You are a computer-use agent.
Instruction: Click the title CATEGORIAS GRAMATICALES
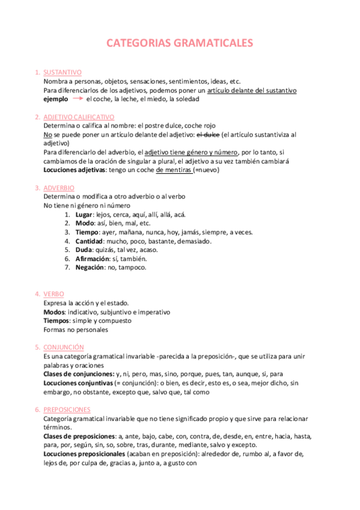pos(180,43)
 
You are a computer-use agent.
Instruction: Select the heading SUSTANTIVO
pos(63,72)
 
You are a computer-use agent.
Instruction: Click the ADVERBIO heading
pos(59,188)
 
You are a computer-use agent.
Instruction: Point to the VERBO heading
pos(53,293)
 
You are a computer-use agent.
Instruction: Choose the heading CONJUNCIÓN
pos(64,347)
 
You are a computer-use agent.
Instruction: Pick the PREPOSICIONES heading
pos(67,410)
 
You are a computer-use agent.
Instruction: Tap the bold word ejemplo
pos(56,99)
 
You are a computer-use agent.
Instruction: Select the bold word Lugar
pos(85,215)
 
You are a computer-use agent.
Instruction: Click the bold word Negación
pos(90,267)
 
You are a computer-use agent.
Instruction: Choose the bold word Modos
pos(54,312)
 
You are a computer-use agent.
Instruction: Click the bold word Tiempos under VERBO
pos(56,321)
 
